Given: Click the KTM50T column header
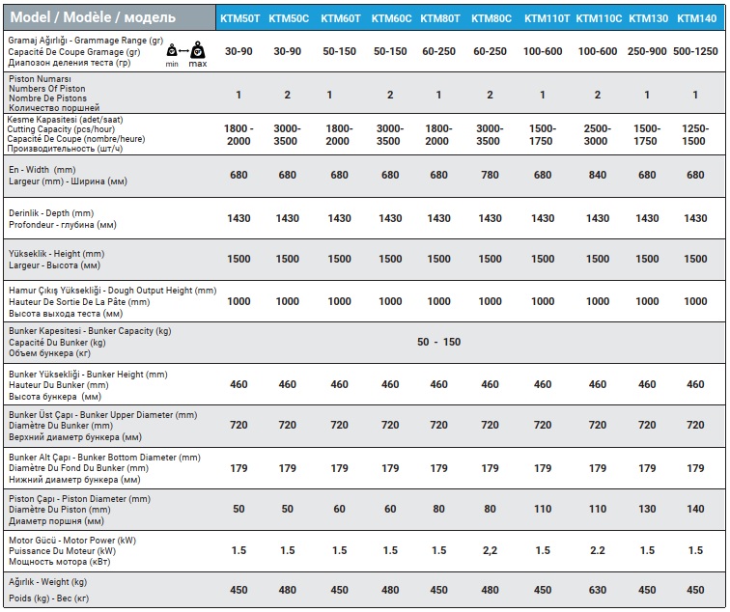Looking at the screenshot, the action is click(x=239, y=18).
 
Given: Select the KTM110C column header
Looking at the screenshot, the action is click(x=599, y=18).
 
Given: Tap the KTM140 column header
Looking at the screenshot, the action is click(x=696, y=18).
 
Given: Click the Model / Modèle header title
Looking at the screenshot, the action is click(x=93, y=17).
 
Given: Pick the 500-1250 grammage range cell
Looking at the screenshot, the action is click(x=695, y=51).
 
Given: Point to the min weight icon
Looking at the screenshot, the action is click(x=172, y=50).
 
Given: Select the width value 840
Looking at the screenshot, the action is click(x=598, y=175).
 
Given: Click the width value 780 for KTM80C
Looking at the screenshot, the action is click(x=490, y=175).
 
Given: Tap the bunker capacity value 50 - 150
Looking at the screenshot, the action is click(x=438, y=342).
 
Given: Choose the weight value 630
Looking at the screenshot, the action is click(x=598, y=590).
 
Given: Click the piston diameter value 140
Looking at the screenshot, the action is click(x=695, y=509).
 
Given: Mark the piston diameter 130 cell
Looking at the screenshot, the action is click(x=647, y=509).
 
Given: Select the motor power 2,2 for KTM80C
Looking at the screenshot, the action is click(x=490, y=551).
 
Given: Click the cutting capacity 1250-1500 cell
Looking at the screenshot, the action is click(x=694, y=135).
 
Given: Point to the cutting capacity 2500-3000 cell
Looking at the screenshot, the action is click(x=597, y=135).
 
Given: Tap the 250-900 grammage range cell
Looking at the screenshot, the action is click(x=647, y=51).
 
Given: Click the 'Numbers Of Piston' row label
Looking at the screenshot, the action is click(x=47, y=89).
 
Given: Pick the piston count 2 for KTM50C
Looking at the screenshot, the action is click(x=287, y=95).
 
